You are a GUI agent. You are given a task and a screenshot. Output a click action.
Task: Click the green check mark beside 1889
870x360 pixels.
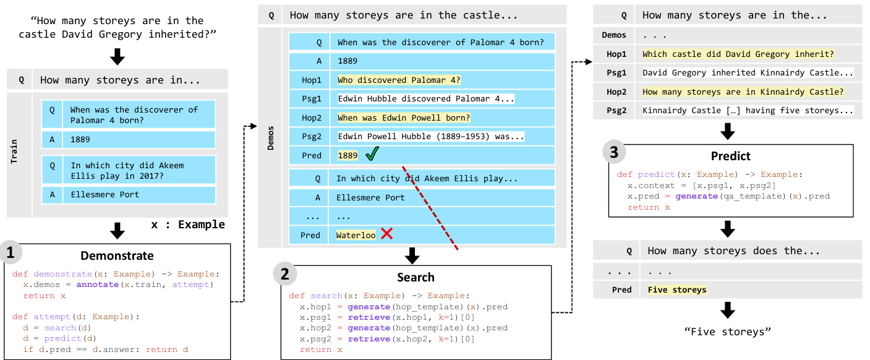(372, 155)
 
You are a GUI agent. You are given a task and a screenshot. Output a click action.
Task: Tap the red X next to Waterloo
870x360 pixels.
(387, 234)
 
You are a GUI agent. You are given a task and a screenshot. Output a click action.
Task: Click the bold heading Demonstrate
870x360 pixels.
(117, 255)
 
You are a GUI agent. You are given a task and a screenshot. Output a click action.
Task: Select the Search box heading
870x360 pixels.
(415, 277)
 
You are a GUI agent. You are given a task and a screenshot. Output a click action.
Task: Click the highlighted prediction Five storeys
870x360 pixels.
(676, 289)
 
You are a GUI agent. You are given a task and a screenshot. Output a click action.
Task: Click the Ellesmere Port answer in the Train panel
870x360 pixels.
(104, 194)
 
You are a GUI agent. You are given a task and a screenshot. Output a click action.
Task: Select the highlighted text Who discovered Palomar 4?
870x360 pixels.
(399, 80)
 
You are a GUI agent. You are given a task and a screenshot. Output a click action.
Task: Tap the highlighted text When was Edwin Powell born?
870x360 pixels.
(404, 118)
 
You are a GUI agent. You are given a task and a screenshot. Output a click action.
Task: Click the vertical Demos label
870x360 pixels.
(270, 139)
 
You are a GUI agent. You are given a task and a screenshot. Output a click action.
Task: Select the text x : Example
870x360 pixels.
(188, 224)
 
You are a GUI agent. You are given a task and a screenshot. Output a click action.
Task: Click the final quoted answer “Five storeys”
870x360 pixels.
(728, 332)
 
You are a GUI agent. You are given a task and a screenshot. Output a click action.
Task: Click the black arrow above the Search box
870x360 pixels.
(411, 255)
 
